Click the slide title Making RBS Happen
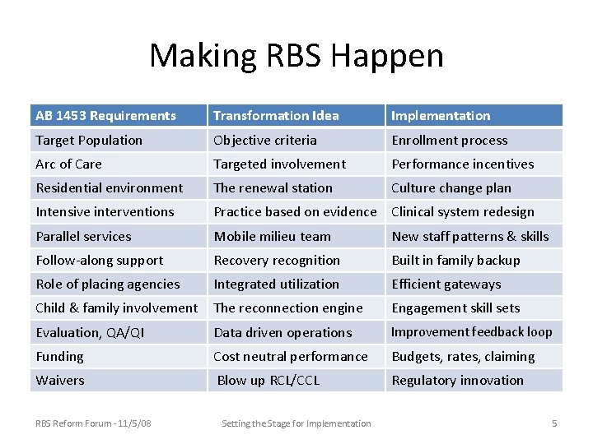click(296, 56)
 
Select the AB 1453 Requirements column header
click(106, 116)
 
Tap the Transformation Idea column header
click(276, 116)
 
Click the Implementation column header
click(441, 116)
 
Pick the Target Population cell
click(89, 141)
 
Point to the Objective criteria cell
click(265, 141)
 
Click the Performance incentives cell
click(463, 164)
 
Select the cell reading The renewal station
click(273, 188)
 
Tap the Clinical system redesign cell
click(463, 212)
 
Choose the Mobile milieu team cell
click(273, 237)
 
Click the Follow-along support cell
click(100, 261)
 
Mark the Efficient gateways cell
click(446, 284)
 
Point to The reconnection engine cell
click(288, 308)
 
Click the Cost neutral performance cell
click(291, 357)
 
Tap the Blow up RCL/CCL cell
click(268, 381)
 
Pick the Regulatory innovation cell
click(458, 381)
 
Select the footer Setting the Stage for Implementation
click(296, 423)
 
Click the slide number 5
click(554, 423)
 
